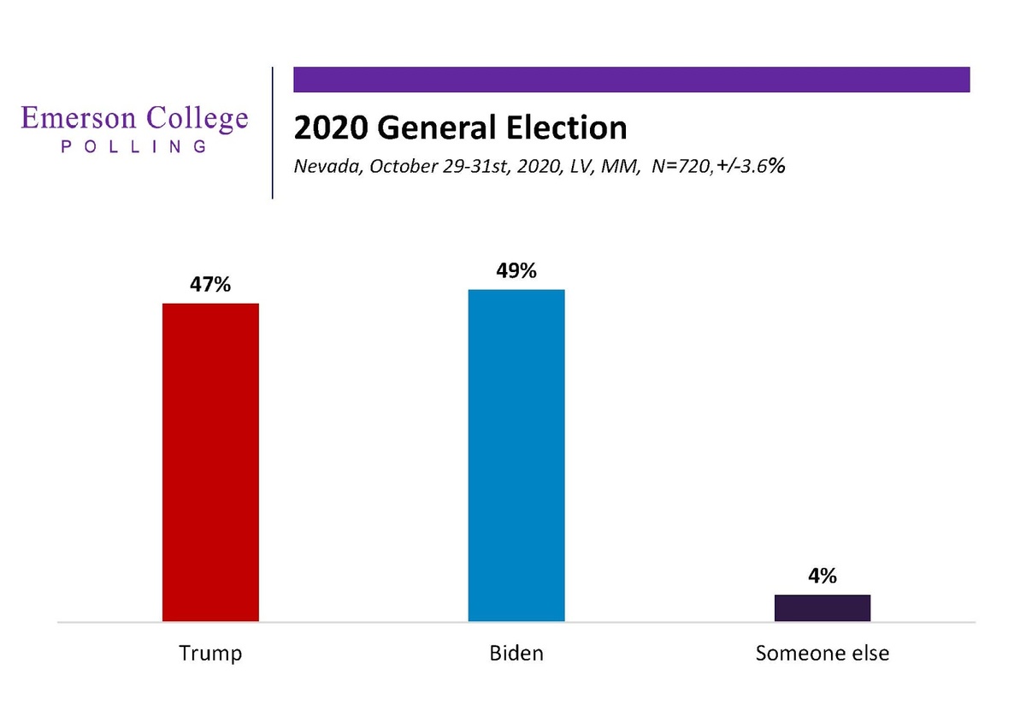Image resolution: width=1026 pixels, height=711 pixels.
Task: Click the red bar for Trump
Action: click(x=210, y=462)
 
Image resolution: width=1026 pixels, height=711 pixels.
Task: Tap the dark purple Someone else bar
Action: click(x=823, y=607)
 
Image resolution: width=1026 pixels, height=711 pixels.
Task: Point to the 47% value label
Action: click(x=210, y=285)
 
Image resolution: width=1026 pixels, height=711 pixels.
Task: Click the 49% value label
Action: click(x=516, y=271)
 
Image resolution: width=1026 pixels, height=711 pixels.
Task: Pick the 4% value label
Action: click(x=823, y=577)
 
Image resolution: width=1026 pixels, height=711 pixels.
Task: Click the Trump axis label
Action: click(x=210, y=654)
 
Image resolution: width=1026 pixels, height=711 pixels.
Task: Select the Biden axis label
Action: click(x=516, y=654)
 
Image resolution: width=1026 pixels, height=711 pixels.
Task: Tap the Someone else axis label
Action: click(x=823, y=654)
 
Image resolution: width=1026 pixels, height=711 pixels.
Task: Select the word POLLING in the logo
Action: click(x=134, y=147)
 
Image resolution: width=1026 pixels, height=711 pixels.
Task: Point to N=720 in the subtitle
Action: click(x=679, y=167)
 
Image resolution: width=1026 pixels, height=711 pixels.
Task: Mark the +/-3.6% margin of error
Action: click(x=751, y=167)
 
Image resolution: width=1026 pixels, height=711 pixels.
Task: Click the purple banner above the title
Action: click(x=632, y=79)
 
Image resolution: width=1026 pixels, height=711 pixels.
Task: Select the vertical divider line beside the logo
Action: click(x=273, y=133)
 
